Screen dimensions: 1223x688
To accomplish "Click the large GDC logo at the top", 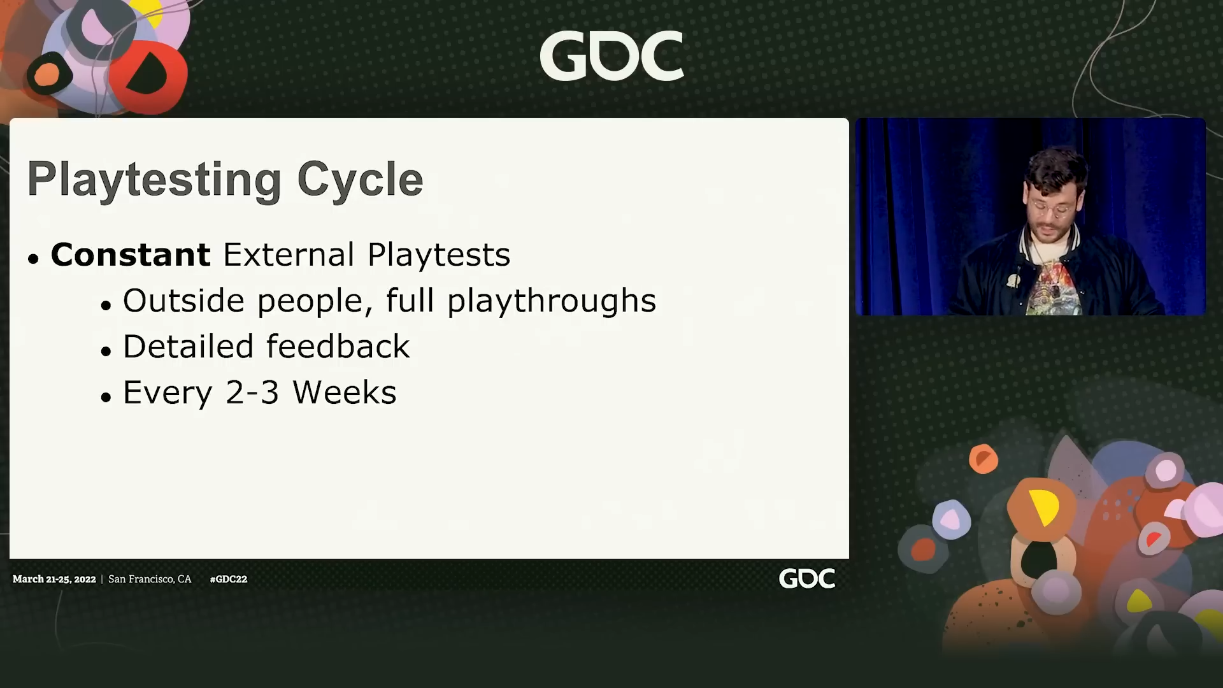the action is pyautogui.click(x=611, y=56).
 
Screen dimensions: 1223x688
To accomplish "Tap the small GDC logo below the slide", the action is pyautogui.click(x=806, y=578).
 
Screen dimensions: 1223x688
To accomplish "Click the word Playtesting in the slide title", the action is pyautogui.click(x=154, y=180).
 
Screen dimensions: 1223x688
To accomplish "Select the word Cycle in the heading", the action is pyautogui.click(x=360, y=180).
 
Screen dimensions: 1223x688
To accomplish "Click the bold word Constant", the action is pyautogui.click(x=131, y=255).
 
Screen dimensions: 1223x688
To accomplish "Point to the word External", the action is pyautogui.click(x=289, y=255).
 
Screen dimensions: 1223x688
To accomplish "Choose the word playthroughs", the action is pyautogui.click(x=552, y=301).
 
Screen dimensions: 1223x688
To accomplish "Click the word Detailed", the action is pyautogui.click(x=189, y=347).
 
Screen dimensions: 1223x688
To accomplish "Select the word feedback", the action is pyautogui.click(x=338, y=347).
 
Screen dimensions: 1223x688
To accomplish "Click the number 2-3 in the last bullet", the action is pyautogui.click(x=252, y=392).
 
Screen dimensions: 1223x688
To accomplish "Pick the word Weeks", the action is pyautogui.click(x=345, y=392).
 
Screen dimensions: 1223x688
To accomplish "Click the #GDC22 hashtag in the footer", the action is pyautogui.click(x=229, y=579).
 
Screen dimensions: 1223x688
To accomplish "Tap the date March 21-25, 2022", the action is pyautogui.click(x=54, y=579).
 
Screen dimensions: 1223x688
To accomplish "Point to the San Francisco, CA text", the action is pyautogui.click(x=150, y=579).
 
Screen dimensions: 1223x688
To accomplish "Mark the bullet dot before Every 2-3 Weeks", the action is pyautogui.click(x=106, y=397).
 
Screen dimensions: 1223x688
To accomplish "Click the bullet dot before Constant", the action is pyautogui.click(x=34, y=259).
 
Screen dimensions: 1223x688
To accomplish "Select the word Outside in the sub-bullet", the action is pyautogui.click(x=183, y=301).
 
